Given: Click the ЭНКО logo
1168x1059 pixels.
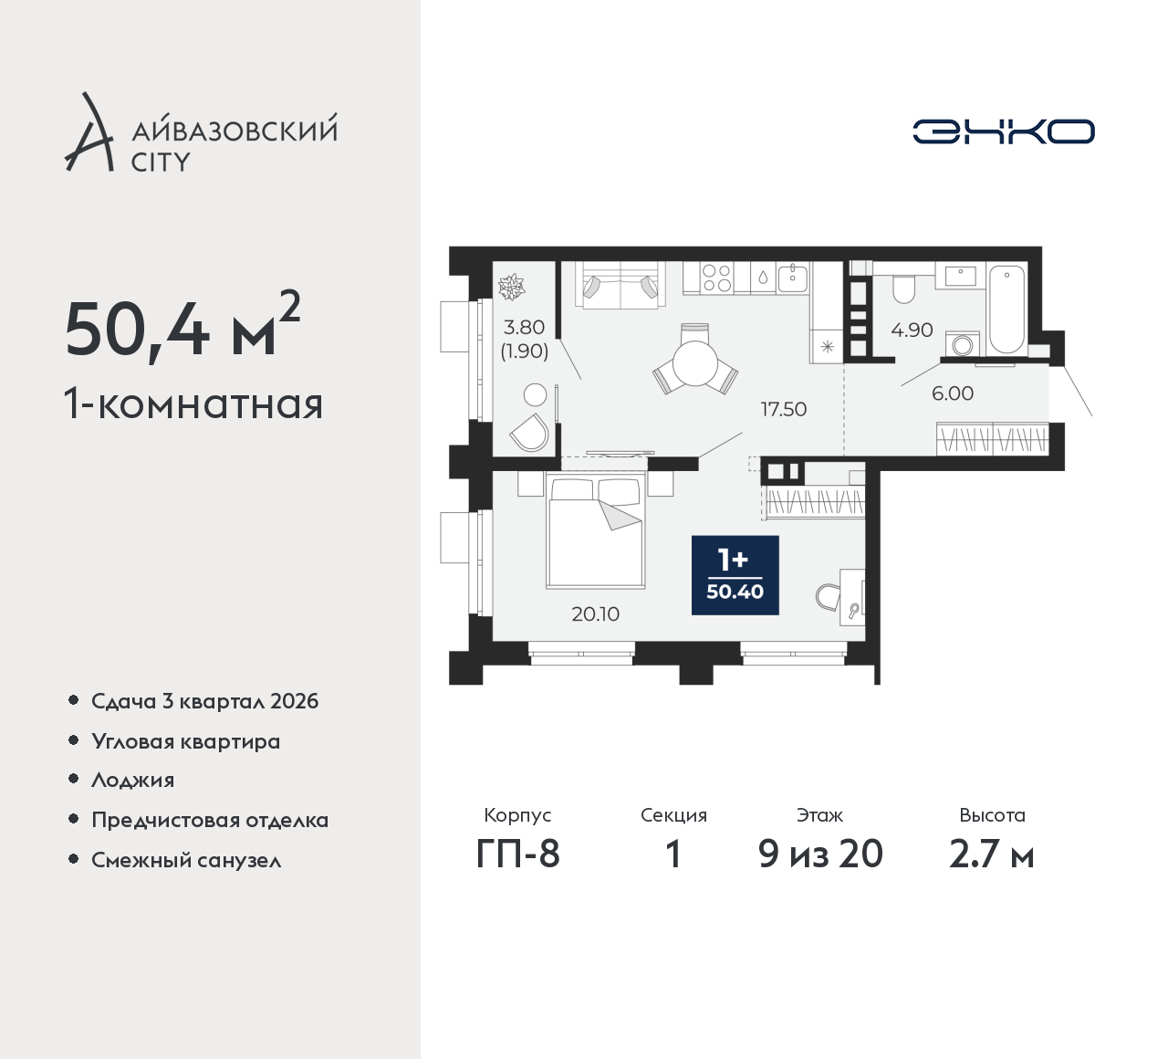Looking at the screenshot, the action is [1003, 131].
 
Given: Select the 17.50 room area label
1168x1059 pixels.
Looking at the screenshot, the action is [784, 409].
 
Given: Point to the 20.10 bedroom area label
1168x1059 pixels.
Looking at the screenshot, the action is [595, 613].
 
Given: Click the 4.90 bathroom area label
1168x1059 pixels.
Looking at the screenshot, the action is [912, 330].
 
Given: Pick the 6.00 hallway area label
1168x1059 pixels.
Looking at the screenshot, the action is [953, 393].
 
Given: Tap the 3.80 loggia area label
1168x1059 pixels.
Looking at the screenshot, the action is [524, 328].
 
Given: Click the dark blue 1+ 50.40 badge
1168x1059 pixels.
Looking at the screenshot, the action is [735, 575].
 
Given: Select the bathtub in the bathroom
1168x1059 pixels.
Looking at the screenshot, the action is [1006, 309].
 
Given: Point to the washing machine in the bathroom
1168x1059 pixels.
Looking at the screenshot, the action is [963, 343].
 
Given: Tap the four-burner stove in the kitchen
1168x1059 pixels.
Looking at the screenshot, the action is [716, 278].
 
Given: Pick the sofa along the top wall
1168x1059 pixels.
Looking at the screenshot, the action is [620, 284].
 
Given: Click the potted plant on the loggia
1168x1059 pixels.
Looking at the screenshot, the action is [512, 287].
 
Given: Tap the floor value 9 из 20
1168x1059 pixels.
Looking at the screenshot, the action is [820, 854].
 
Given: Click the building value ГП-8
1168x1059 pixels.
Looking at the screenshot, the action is [517, 854].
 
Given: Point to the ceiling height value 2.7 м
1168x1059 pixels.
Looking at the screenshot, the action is [992, 855].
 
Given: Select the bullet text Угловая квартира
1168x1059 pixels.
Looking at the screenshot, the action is [186, 741].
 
